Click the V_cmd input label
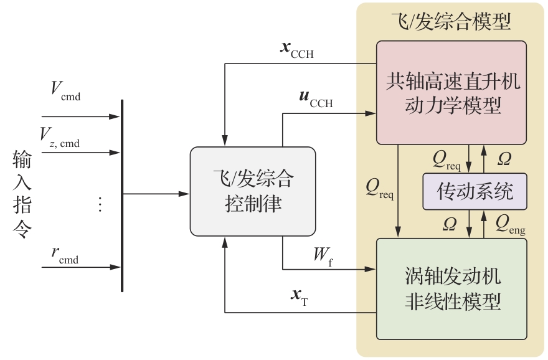65,92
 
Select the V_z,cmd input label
60,138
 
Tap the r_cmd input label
65,255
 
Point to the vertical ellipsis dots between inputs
100,204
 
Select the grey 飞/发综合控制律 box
252,191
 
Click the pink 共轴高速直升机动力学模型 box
451,93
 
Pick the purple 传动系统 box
475,191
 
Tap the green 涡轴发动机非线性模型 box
451,288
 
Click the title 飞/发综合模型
451,23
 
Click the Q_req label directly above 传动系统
446,159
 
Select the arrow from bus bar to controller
156,194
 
